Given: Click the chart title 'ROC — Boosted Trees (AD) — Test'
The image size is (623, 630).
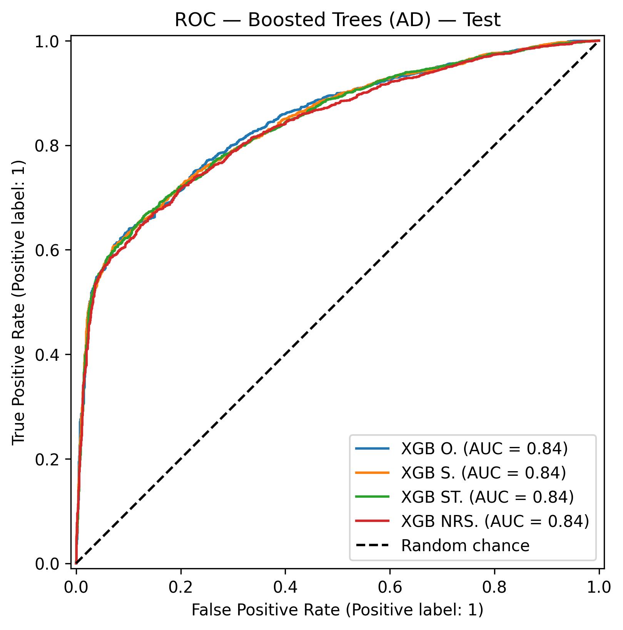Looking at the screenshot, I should click(337, 20).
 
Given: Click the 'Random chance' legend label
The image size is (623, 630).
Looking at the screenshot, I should click(465, 545).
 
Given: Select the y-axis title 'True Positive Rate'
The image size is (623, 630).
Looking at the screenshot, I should click(18, 302).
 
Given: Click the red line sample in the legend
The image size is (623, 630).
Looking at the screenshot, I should click(372, 521).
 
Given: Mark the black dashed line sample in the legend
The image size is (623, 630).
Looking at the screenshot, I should click(372, 545).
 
